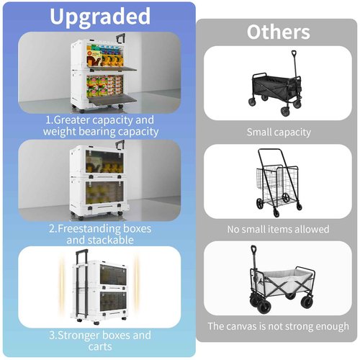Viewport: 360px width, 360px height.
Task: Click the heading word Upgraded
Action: (99, 17)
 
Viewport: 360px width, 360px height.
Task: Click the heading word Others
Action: (278, 32)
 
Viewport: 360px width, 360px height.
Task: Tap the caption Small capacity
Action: (278, 132)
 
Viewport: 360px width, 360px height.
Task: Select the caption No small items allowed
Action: (278, 229)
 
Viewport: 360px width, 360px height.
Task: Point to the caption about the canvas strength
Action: (278, 326)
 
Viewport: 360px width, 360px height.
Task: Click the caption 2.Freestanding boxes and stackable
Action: (100, 233)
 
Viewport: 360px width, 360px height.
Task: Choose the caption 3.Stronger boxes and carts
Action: (100, 341)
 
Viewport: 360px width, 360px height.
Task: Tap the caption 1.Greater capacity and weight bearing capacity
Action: (100, 126)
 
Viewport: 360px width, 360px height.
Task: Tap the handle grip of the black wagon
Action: (294, 53)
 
